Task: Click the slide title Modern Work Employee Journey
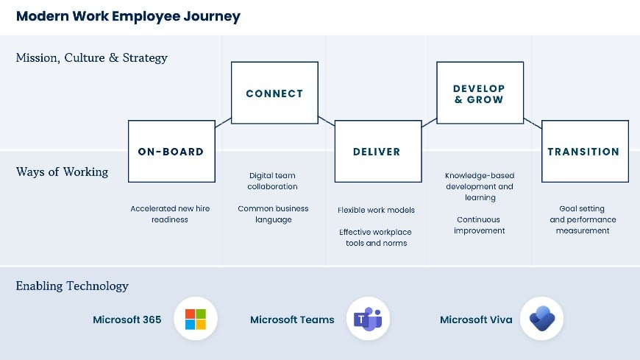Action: [x=128, y=16]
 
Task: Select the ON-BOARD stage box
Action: [x=171, y=152]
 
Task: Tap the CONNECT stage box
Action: [x=274, y=93]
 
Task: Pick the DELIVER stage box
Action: [x=377, y=152]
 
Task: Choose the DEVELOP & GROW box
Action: [x=480, y=93]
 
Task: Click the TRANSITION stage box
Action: [x=584, y=152]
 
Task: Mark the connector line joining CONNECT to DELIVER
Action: [x=327, y=121]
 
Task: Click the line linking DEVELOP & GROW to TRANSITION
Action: [x=533, y=121]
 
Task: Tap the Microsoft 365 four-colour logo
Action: [x=196, y=320]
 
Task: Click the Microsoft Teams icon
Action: [x=368, y=320]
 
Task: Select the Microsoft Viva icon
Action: [x=542, y=320]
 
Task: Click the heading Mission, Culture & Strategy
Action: [x=92, y=57]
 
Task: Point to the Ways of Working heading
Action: [x=62, y=172]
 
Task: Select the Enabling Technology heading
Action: [x=72, y=286]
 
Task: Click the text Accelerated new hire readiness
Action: [x=170, y=214]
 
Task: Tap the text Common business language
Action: [x=273, y=214]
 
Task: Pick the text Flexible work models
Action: [x=376, y=210]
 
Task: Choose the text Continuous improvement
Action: [x=480, y=225]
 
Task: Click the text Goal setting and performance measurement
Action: [x=583, y=219]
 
